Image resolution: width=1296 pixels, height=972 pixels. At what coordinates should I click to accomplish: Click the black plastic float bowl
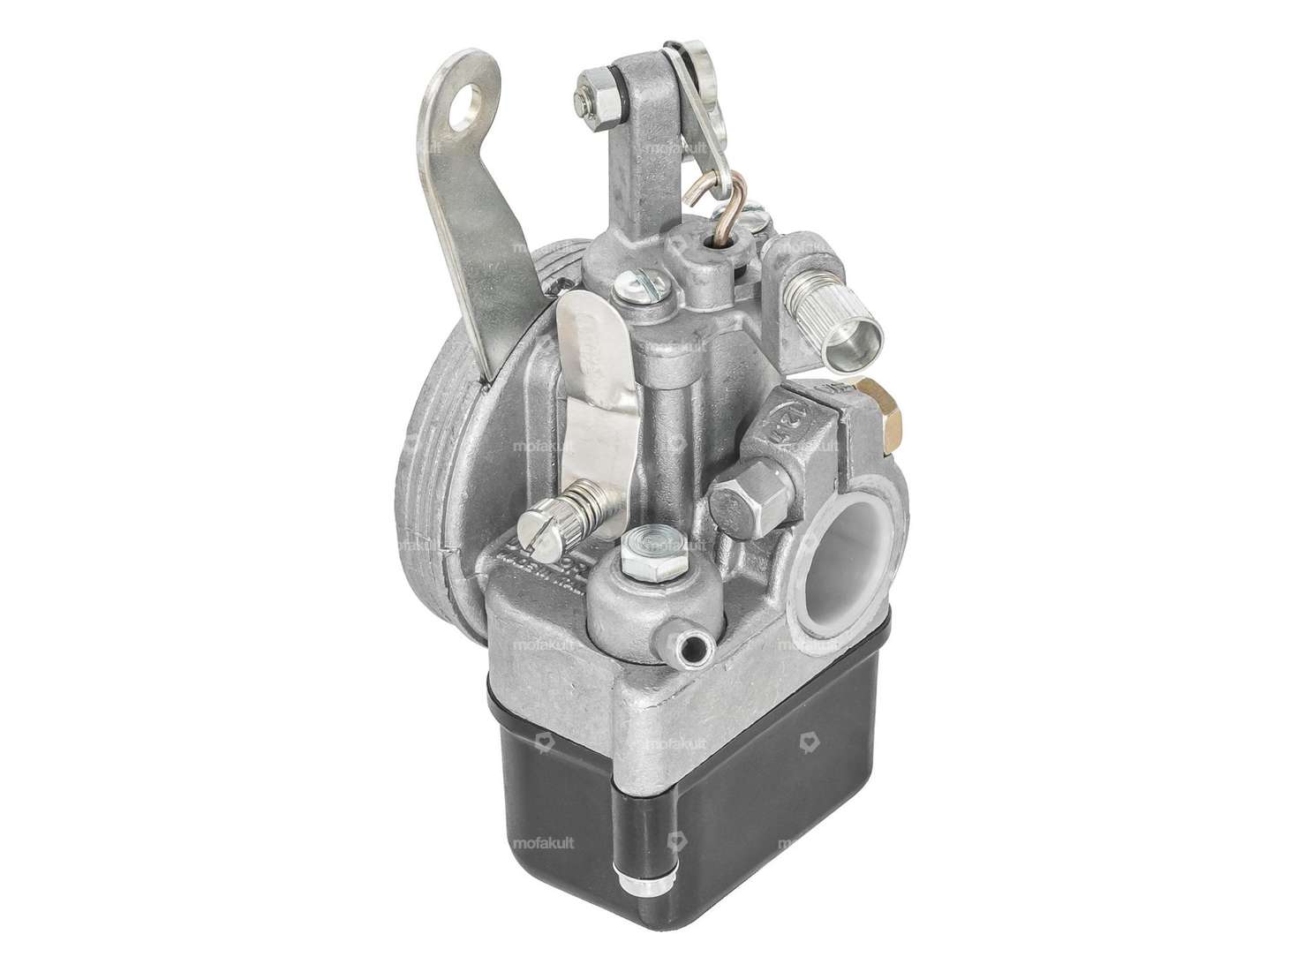671,812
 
